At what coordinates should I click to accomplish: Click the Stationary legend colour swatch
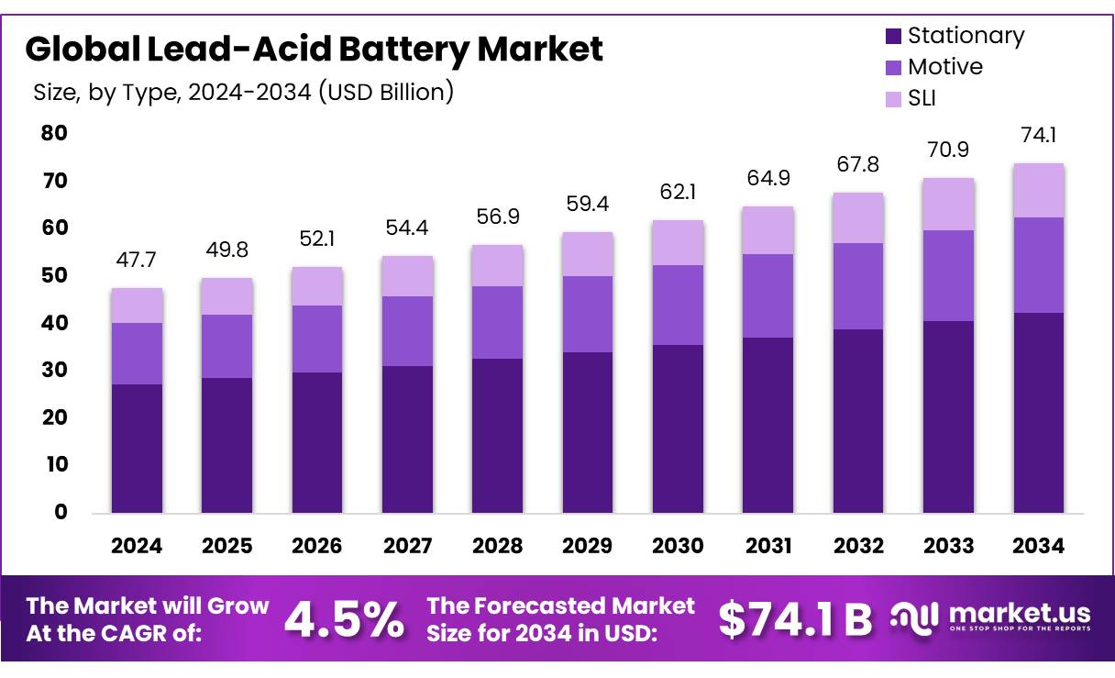(x=893, y=37)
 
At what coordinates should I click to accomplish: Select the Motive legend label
(x=944, y=67)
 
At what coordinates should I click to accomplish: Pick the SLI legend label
(x=922, y=98)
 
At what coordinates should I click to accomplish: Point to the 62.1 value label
(x=678, y=194)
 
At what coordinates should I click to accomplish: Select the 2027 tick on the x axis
(x=407, y=546)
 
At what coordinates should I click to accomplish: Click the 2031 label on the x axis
(x=767, y=546)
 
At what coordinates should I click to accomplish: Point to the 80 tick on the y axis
(x=54, y=133)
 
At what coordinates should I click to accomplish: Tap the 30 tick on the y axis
(x=54, y=370)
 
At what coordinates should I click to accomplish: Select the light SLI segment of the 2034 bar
(x=1039, y=190)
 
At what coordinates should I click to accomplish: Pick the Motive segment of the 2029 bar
(x=588, y=314)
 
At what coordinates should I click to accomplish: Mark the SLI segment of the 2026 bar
(x=316, y=286)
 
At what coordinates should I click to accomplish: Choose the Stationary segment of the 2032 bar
(x=857, y=420)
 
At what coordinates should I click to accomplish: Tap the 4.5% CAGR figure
(x=344, y=620)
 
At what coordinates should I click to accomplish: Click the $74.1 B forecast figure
(x=795, y=620)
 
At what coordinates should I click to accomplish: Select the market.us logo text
(x=1019, y=613)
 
